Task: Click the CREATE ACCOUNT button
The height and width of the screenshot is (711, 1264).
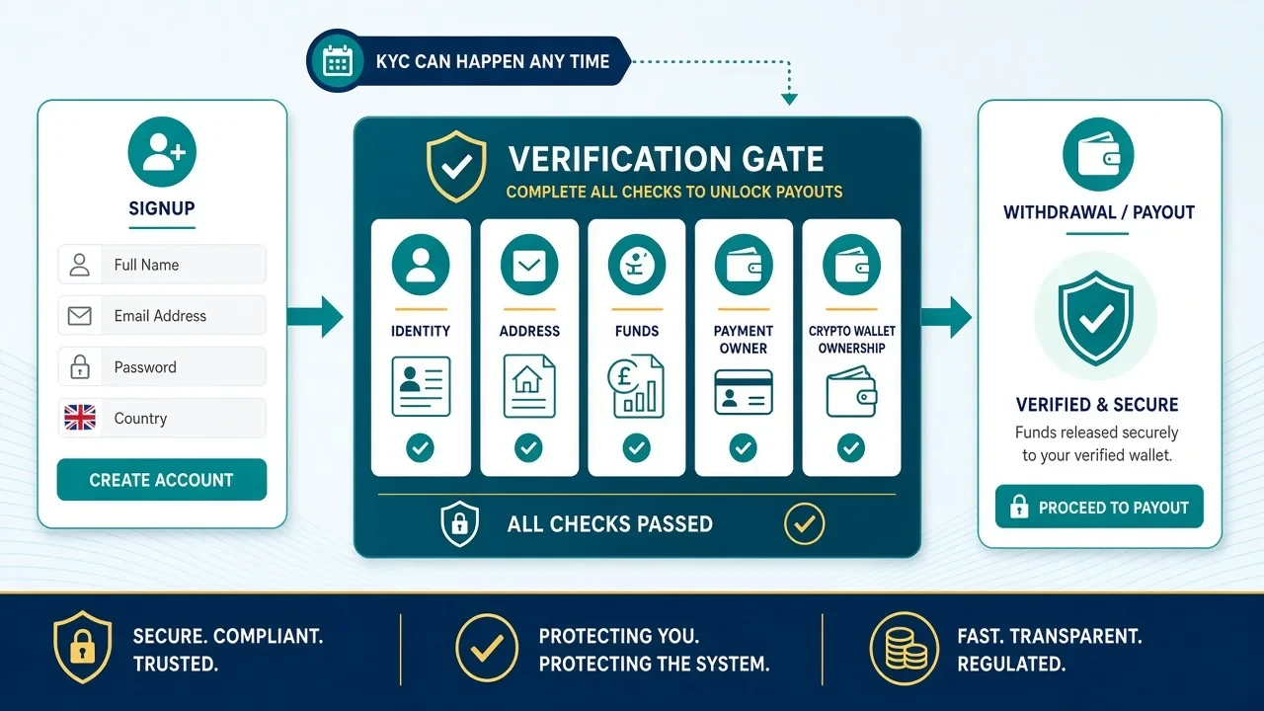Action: click(161, 480)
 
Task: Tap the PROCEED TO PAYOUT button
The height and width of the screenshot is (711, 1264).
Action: click(1099, 507)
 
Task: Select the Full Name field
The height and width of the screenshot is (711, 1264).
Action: click(162, 264)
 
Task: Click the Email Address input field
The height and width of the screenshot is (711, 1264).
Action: click(162, 315)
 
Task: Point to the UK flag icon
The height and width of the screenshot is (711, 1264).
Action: click(80, 418)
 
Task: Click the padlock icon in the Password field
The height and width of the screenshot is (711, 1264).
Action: click(80, 366)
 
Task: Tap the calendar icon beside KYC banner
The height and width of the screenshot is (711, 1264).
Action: click(338, 61)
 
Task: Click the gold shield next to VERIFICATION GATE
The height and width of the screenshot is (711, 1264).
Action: click(456, 166)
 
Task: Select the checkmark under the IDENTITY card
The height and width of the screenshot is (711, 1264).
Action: click(420, 448)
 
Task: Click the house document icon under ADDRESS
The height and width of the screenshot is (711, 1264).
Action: click(528, 386)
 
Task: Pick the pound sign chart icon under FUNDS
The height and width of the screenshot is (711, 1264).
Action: click(636, 386)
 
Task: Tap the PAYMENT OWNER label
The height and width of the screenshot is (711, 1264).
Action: click(744, 339)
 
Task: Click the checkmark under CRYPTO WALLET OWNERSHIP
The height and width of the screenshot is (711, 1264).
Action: click(851, 448)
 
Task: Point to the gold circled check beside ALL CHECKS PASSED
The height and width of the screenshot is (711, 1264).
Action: click(804, 523)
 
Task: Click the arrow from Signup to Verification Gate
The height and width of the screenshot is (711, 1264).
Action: click(315, 317)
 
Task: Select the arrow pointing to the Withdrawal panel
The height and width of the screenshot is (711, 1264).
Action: click(946, 317)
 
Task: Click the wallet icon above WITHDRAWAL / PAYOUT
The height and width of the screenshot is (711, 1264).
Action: click(1098, 154)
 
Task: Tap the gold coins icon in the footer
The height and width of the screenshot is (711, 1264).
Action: click(905, 649)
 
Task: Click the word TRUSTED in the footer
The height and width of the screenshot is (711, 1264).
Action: click(176, 664)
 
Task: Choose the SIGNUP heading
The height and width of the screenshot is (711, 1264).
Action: click(162, 208)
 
